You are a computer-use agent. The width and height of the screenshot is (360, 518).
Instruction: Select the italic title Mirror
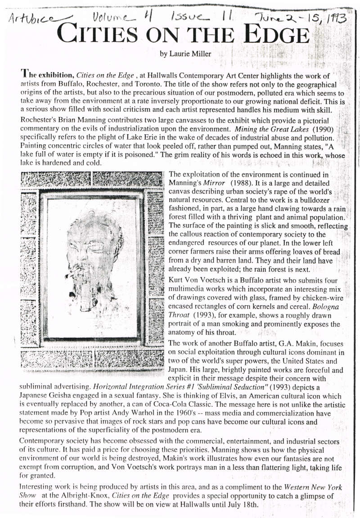click(214, 184)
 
